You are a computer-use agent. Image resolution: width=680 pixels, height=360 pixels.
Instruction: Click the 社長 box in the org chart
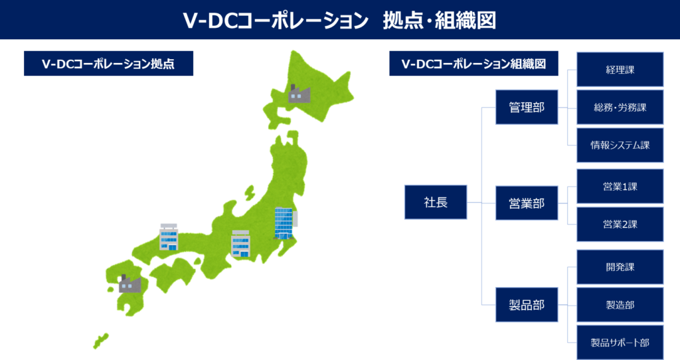point(436,202)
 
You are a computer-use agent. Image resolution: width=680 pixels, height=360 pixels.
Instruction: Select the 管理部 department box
point(527,107)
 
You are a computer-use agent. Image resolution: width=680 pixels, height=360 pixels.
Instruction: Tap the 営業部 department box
point(527,203)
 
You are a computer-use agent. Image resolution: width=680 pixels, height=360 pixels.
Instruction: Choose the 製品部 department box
point(527,305)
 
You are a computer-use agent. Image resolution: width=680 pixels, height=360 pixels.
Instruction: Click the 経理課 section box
point(620,70)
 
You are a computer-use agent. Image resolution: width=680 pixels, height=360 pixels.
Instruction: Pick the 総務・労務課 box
point(620,107)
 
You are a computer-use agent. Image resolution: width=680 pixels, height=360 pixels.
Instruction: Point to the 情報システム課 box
point(620,145)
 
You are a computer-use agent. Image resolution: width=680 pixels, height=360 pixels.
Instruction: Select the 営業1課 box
point(620,187)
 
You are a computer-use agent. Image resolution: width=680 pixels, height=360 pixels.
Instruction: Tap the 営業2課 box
point(620,224)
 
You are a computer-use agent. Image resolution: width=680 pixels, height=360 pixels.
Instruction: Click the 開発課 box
point(620,267)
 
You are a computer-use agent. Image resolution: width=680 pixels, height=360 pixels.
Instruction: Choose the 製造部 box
point(620,305)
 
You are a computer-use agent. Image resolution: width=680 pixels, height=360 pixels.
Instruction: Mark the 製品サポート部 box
point(620,342)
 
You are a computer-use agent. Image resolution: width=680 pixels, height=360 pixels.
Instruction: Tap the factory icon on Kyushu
point(129,284)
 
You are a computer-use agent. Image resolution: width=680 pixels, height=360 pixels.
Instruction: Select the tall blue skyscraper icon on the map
point(284,223)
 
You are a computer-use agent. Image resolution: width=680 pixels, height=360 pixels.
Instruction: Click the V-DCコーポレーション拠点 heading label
point(108,64)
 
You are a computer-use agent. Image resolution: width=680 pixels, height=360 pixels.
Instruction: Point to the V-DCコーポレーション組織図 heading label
point(473,64)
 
